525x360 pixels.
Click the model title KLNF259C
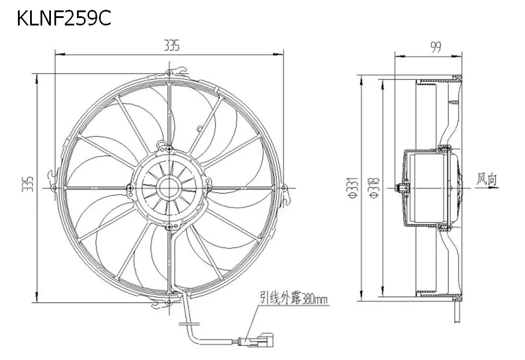[63, 19]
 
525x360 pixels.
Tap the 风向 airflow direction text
[487, 179]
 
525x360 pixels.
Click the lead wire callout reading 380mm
[293, 300]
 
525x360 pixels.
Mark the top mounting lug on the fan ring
[168, 73]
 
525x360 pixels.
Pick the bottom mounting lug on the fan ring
[168, 302]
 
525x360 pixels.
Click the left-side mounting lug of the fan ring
[54, 188]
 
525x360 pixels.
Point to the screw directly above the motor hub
[168, 148]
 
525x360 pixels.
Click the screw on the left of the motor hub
[130, 188]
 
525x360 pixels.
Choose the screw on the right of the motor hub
[207, 187]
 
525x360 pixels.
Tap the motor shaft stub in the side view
[398, 188]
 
